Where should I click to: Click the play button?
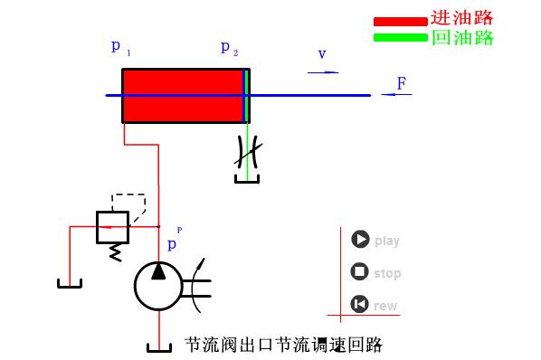360,240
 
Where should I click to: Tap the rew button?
360,304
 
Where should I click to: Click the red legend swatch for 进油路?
399,21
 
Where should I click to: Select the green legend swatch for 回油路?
399,37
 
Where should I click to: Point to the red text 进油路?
461,18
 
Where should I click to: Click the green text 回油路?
461,37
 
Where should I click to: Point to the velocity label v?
321,55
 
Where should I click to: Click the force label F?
401,84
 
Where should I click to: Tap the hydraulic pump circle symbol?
158,285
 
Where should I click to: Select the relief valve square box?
113,226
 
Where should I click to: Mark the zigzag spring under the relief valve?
115,252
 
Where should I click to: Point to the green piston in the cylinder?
245,95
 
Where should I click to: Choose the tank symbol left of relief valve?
70,284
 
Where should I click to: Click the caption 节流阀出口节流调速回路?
283,346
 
